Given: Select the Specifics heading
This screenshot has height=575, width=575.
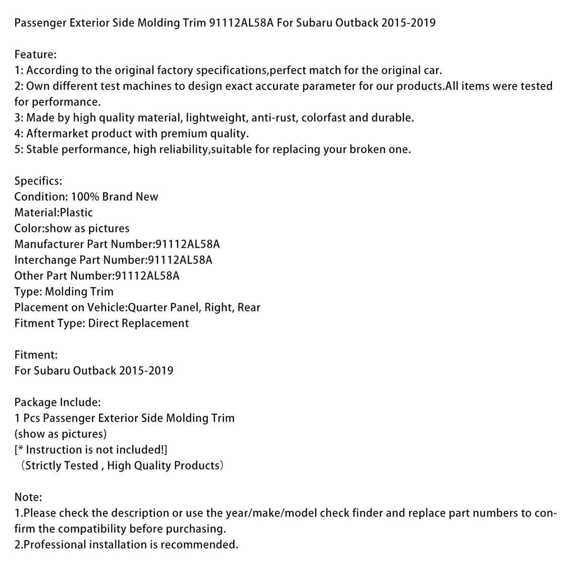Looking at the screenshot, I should pos(38,181).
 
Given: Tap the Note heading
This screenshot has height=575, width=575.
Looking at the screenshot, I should pos(28,497).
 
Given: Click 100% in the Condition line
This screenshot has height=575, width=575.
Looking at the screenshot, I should pos(85,197).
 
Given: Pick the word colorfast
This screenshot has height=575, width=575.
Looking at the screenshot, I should pos(323,118).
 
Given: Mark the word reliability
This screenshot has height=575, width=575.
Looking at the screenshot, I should pos(182,149).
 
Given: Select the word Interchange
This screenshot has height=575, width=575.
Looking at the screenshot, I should pos(46,260).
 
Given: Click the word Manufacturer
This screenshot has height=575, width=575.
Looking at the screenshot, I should pos(49,244).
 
